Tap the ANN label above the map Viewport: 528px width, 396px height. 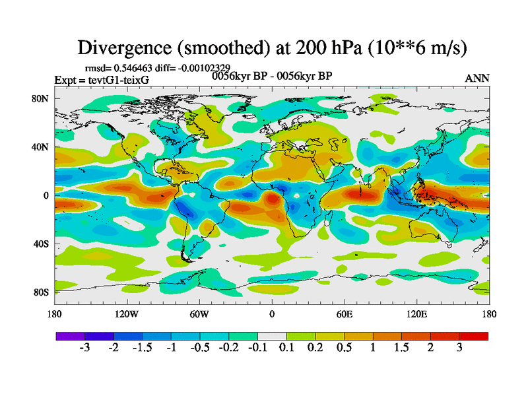tap(477, 78)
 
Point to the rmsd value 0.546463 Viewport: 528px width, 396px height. tap(143, 67)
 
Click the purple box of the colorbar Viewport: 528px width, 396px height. tap(67, 336)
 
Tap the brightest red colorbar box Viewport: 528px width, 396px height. tap(477, 336)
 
